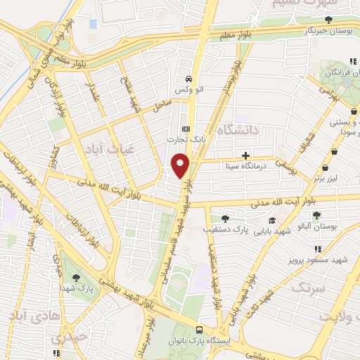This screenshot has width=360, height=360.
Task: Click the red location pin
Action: click(x=180, y=165)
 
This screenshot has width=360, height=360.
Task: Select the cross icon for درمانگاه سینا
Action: click(x=245, y=155)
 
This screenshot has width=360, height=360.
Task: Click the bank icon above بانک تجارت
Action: click(x=186, y=129)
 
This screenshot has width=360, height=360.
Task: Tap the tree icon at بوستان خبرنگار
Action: click(x=328, y=20)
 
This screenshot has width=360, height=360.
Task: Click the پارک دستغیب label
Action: click(x=223, y=229)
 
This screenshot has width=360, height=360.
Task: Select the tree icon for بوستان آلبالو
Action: click(x=318, y=215)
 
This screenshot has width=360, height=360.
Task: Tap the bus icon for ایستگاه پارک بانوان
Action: click(x=200, y=330)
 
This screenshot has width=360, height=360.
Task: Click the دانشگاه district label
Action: click(x=239, y=130)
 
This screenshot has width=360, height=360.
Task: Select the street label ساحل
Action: click(x=163, y=106)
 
